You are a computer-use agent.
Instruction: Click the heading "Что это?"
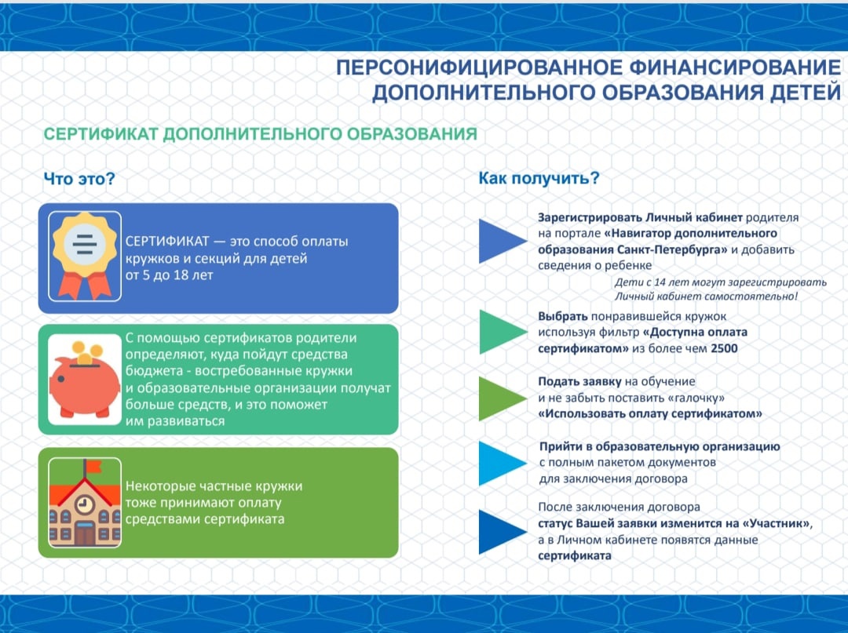(x=79, y=179)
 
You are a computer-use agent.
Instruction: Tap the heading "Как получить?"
(x=539, y=179)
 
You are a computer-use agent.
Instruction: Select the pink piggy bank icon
(x=85, y=383)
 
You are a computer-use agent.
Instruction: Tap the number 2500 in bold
(x=723, y=349)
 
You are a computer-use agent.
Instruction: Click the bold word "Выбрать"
(x=563, y=316)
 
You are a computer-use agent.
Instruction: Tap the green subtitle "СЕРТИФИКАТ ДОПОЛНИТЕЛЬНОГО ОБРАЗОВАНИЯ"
(x=260, y=134)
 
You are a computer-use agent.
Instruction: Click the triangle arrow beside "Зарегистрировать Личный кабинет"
(x=500, y=241)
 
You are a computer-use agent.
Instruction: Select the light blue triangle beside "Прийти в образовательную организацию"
(x=500, y=463)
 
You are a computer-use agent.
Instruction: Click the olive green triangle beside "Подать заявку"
(x=500, y=398)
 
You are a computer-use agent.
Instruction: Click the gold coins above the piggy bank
(x=87, y=350)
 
